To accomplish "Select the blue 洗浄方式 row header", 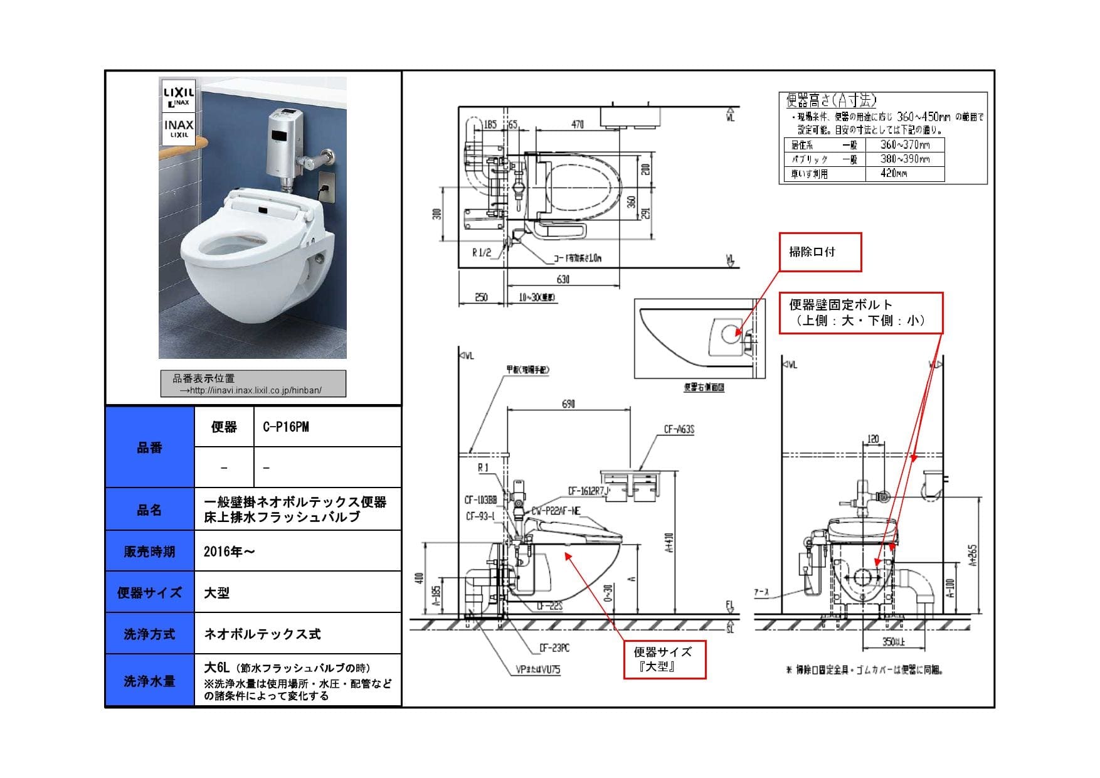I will (149, 634).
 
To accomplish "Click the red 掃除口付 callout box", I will (820, 252).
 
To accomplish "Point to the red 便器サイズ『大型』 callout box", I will (664, 659).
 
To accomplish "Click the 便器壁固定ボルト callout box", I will (860, 312).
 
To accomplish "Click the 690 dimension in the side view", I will (568, 404).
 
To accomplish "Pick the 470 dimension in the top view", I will (577, 125).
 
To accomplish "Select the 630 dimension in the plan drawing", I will (563, 279).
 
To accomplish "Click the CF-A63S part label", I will (679, 430).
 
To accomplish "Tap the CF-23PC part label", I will (554, 648).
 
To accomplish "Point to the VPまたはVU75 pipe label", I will (537, 669).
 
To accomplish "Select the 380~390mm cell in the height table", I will (904, 159).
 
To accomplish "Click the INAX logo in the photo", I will (179, 128).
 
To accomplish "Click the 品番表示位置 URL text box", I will (253, 384).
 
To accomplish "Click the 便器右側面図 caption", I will (704, 388).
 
